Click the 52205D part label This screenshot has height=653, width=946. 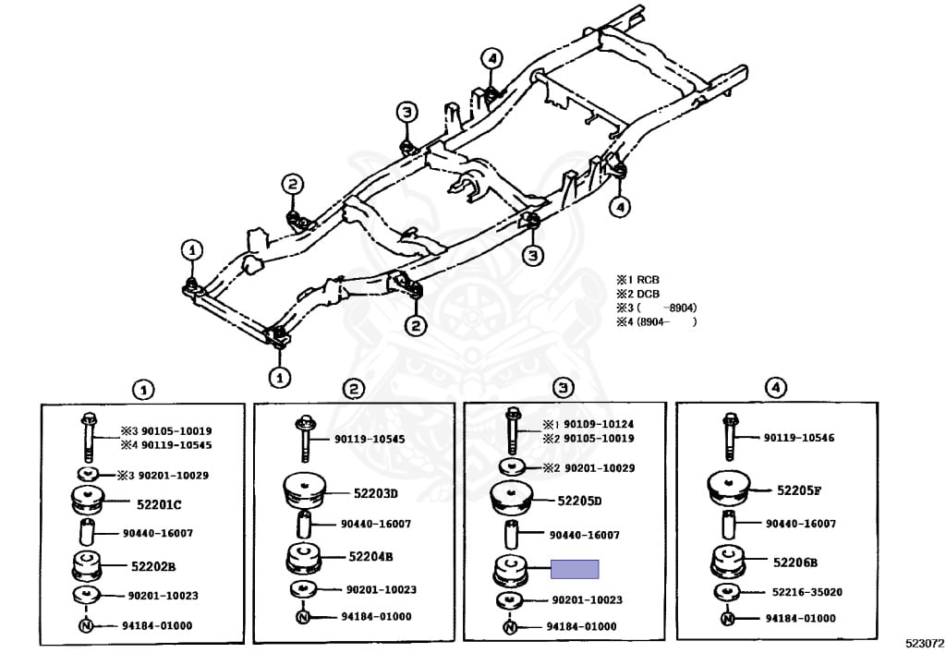coord(579,501)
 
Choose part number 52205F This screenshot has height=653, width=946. coord(799,490)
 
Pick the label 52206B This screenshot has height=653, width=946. coord(797,561)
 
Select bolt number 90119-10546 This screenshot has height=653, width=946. coord(799,438)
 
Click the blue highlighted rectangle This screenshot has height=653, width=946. coord(575,569)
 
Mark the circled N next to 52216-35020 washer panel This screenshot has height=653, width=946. coord(729,619)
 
